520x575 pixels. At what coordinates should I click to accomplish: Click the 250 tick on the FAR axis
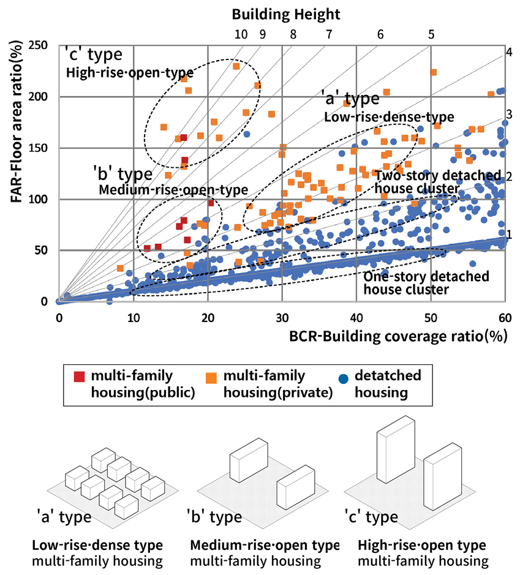click(43, 46)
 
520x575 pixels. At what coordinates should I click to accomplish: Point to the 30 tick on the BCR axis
click(282, 318)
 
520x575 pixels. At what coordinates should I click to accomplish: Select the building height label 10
click(241, 34)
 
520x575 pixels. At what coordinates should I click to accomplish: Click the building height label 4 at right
click(509, 52)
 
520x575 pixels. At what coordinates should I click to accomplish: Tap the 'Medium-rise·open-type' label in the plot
click(173, 190)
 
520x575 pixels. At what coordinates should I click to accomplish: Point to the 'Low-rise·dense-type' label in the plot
click(389, 116)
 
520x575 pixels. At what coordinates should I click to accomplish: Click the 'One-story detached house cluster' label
click(426, 283)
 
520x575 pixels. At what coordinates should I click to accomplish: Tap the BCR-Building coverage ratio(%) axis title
click(398, 336)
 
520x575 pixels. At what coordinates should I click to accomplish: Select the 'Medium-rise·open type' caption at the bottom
click(265, 545)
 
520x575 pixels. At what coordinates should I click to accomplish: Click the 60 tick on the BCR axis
click(505, 318)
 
